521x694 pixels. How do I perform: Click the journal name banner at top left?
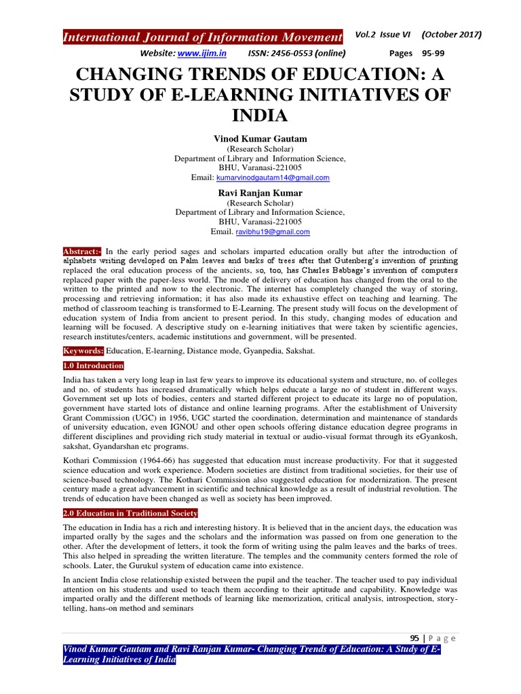point(202,37)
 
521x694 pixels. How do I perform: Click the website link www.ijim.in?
point(203,54)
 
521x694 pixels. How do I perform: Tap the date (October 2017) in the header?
point(452,35)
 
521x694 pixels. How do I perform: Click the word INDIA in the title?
point(260,115)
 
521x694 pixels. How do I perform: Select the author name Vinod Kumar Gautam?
point(260,138)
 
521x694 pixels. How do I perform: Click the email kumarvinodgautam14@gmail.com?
point(273,178)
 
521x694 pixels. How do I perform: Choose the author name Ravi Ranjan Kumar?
point(260,192)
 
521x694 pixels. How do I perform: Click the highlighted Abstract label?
point(81,251)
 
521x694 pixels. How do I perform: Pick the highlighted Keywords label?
point(83,351)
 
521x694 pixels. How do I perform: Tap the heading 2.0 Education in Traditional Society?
point(130,513)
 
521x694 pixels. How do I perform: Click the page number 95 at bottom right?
point(416,638)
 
